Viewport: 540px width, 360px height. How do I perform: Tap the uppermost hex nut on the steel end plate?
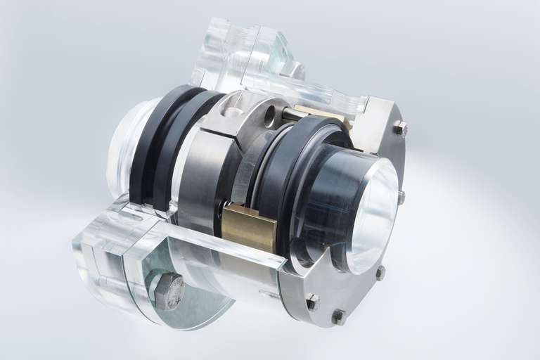(x=399, y=128)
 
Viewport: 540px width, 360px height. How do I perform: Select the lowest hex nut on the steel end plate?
(x=338, y=316)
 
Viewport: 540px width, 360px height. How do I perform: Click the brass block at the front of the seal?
(x=248, y=228)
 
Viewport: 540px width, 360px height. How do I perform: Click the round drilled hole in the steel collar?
(x=271, y=116)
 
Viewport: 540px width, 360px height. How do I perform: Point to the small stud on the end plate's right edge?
(x=401, y=198)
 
